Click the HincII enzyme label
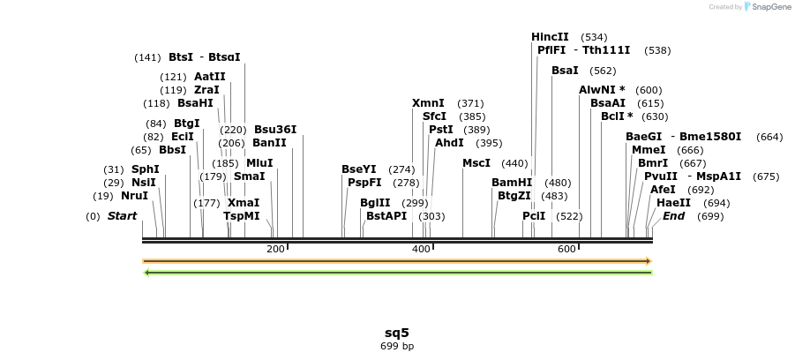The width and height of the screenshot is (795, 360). pos(550,37)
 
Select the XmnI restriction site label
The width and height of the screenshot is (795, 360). pos(428,104)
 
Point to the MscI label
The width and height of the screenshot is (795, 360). pos(476,163)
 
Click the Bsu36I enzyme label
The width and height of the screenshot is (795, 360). pos(275,130)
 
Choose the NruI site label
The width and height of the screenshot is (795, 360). pos(134,196)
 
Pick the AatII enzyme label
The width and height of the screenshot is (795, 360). pos(210,77)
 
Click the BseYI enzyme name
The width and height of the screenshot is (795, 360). pos(359,169)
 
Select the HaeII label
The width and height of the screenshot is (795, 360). pos(674,202)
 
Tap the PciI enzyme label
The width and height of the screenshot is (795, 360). pos(534,216)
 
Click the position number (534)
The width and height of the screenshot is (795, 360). pos(594,37)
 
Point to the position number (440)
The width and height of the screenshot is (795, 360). pos(514,163)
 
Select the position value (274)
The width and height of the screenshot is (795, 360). pos(401,169)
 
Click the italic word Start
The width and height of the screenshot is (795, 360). pos(123,216)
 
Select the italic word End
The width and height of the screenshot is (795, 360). pos(674,216)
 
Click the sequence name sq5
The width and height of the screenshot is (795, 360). pos(397,333)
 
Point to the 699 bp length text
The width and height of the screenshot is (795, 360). pos(397,347)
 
